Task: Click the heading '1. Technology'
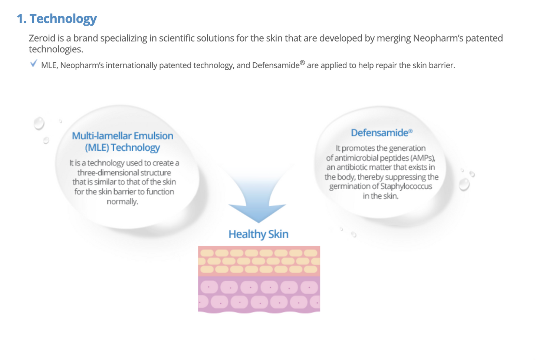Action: [x=57, y=19]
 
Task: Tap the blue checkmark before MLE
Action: [x=33, y=63]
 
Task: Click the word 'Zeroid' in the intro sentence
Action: [x=42, y=38]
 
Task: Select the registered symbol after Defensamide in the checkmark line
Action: [x=302, y=63]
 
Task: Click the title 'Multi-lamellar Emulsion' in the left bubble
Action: [x=122, y=136]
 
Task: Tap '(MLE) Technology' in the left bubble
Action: [x=122, y=147]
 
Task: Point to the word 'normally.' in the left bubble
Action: [x=122, y=202]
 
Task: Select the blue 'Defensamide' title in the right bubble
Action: [x=379, y=132]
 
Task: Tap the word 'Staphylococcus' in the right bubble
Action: [x=406, y=186]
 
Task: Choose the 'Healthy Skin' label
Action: [x=259, y=234]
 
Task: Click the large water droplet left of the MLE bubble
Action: [x=39, y=123]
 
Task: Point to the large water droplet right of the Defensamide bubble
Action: [x=464, y=184]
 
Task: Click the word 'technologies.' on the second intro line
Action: [x=56, y=49]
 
